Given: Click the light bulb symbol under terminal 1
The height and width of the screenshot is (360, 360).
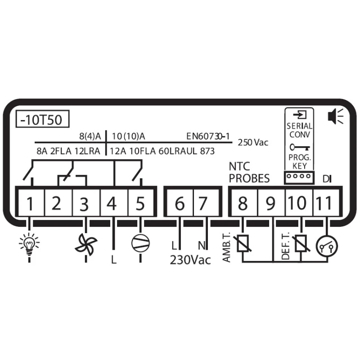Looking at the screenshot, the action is (x=29, y=244).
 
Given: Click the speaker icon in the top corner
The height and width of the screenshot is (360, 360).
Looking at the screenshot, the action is (x=335, y=116).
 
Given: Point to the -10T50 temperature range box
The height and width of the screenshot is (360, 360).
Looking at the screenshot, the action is (x=42, y=119).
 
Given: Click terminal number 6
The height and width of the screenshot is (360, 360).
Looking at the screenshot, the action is (x=179, y=203).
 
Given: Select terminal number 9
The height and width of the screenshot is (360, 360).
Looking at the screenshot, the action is (x=270, y=203).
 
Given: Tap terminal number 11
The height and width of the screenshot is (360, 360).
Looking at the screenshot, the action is (x=324, y=203).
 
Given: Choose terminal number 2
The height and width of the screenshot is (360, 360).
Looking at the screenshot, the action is (x=56, y=203).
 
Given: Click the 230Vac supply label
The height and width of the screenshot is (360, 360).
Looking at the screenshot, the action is (x=190, y=261).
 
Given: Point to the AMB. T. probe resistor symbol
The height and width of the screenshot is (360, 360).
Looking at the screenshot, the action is (x=243, y=243).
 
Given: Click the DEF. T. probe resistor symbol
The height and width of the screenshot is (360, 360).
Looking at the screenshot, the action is (x=301, y=243).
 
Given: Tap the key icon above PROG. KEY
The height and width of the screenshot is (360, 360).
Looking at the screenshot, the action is (x=300, y=147).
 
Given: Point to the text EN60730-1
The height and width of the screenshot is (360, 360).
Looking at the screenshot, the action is (x=208, y=136).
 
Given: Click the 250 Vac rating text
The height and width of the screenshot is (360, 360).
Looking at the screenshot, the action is (x=253, y=143).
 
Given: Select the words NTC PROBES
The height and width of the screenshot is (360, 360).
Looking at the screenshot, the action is (x=249, y=172).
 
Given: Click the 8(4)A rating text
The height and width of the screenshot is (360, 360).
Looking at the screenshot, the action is (x=90, y=136).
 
